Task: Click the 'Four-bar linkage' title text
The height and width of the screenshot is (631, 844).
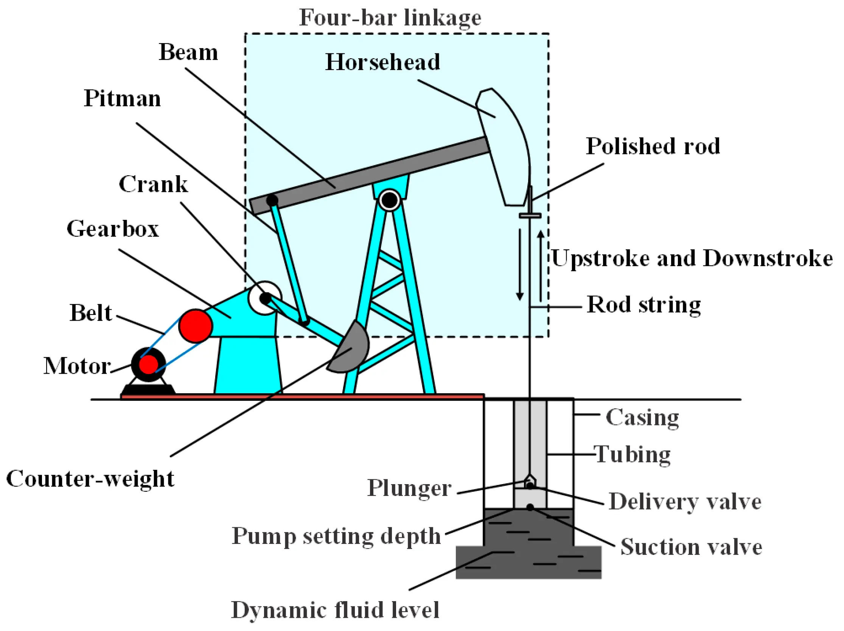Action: pos(390,17)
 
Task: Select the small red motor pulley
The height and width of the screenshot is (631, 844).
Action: pos(148,364)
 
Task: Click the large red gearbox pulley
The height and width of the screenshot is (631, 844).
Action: pos(195,326)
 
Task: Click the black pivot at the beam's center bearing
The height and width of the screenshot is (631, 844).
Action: pos(389,199)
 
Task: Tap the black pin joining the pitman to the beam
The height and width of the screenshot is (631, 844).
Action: pos(272,200)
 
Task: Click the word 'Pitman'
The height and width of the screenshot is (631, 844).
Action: pos(122,98)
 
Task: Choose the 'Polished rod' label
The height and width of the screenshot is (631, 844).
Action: pos(653,146)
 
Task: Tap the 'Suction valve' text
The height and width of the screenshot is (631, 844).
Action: pos(691,547)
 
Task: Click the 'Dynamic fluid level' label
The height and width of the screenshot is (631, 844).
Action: pos(335,610)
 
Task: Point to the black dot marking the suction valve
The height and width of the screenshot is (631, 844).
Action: pos(530,507)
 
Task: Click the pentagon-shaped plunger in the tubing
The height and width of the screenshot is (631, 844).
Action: pos(530,482)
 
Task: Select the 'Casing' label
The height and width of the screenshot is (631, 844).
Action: pos(642,417)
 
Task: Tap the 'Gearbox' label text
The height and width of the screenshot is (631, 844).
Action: pos(113,229)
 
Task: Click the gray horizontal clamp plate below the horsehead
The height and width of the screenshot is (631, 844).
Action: pos(530,216)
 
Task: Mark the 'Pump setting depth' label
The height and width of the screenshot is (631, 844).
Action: pos(336,536)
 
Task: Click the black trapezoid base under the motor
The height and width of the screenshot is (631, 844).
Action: pos(148,390)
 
